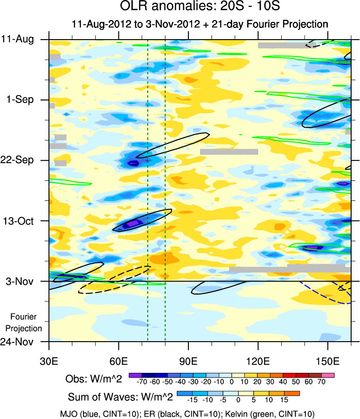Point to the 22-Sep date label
(22, 160)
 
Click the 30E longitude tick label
(49, 361)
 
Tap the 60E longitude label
(119, 361)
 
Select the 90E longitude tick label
(188, 361)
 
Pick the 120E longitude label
(258, 361)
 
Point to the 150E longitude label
(328, 361)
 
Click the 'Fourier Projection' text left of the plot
(26, 322)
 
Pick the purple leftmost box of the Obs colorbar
(135, 375)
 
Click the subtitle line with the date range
(200, 24)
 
